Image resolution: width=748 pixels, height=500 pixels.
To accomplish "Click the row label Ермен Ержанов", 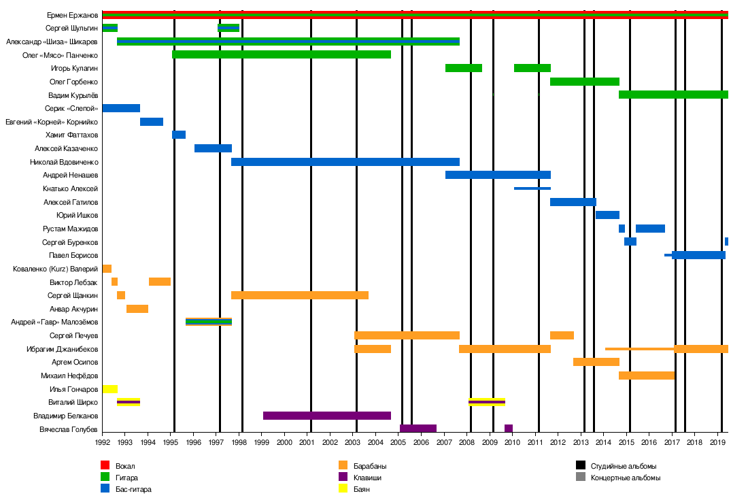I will tap(72, 15).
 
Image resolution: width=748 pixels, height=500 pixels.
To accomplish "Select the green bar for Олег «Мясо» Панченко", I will tap(282, 54).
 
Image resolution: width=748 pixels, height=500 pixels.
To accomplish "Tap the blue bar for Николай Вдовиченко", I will tap(345, 162).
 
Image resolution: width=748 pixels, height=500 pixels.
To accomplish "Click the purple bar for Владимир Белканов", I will tap(326, 416).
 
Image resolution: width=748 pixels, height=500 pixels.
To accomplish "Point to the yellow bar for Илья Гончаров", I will tap(110, 389).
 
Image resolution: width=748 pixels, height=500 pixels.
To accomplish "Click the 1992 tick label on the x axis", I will tap(103, 442).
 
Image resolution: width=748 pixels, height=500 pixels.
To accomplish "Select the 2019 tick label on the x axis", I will tap(717, 442).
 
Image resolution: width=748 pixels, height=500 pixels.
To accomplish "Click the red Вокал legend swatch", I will tap(105, 466).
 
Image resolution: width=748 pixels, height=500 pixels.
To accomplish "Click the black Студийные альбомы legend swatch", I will tap(580, 466).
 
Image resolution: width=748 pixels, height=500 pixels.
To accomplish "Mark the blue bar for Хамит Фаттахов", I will tap(179, 135).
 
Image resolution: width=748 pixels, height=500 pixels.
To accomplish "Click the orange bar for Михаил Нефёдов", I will tap(646, 376).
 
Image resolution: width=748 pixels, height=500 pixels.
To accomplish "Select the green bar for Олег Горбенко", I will tap(584, 82).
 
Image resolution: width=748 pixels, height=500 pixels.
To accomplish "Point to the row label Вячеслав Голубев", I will tap(69, 429).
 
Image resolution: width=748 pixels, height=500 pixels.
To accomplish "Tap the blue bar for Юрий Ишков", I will tap(607, 215).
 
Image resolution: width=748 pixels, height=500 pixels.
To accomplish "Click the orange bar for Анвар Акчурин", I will tap(137, 309).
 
